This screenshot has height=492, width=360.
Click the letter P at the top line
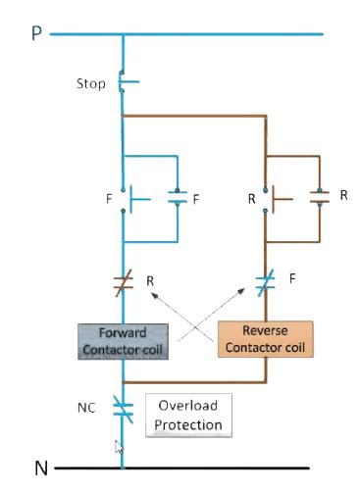tap(36, 34)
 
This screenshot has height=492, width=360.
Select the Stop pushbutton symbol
tap(125, 82)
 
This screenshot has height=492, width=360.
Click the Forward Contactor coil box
tap(123, 340)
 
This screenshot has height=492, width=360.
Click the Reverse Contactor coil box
tap(265, 339)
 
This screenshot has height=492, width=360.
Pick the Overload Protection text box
tap(187, 415)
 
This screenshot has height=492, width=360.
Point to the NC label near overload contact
tap(87, 405)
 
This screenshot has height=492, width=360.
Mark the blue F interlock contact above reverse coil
tap(265, 285)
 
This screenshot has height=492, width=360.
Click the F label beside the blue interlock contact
tap(293, 278)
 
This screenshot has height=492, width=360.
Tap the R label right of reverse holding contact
tap(343, 195)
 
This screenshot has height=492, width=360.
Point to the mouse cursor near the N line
tap(119, 448)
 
